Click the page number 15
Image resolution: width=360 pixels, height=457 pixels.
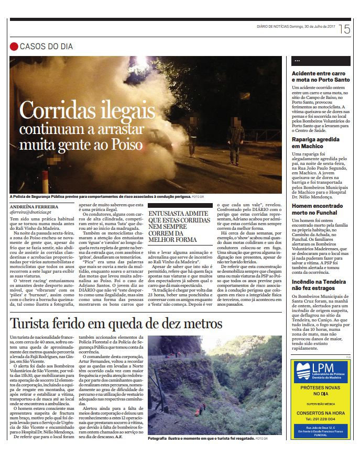click(344, 29)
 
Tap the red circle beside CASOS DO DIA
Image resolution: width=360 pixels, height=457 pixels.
click(14, 47)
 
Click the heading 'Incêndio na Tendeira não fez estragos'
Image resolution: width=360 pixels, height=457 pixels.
click(319, 284)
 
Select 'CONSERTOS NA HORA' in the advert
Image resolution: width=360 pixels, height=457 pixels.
click(320, 413)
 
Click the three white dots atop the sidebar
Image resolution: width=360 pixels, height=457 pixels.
click(297, 61)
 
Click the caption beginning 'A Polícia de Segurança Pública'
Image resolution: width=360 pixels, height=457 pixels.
click(100, 197)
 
